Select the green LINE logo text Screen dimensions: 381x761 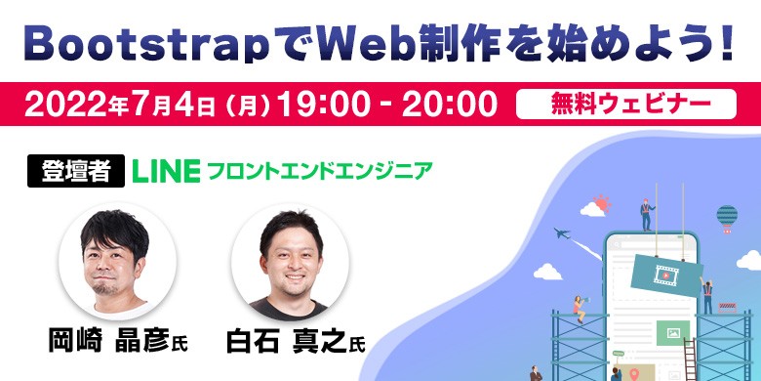coord(166,171)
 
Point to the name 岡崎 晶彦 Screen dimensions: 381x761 coord(108,342)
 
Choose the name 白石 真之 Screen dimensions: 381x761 coord(286,342)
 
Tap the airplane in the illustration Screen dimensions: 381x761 coord(561,233)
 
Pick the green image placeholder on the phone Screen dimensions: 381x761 coord(673,332)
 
